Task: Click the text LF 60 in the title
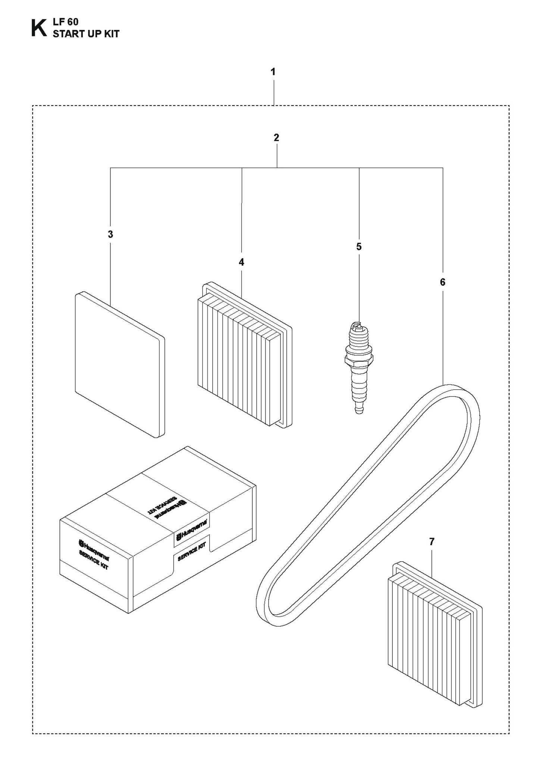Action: click(65, 22)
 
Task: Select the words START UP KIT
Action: click(86, 34)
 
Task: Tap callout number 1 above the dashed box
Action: click(273, 72)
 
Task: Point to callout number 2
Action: click(276, 138)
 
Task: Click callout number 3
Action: click(110, 235)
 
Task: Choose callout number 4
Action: click(241, 262)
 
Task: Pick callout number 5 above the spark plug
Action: click(359, 246)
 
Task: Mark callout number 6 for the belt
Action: click(442, 282)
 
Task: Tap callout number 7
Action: click(432, 542)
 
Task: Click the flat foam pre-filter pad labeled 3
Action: click(119, 364)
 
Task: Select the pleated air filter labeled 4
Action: click(244, 354)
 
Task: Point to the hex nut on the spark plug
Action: click(358, 360)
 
